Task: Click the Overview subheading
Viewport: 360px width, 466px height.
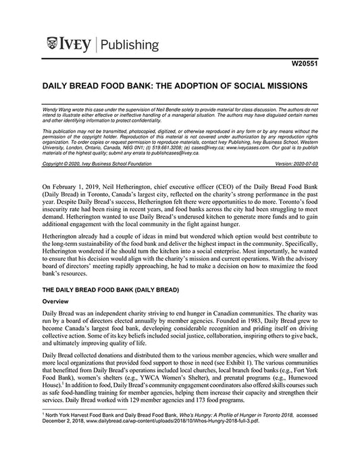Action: [x=55, y=299]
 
